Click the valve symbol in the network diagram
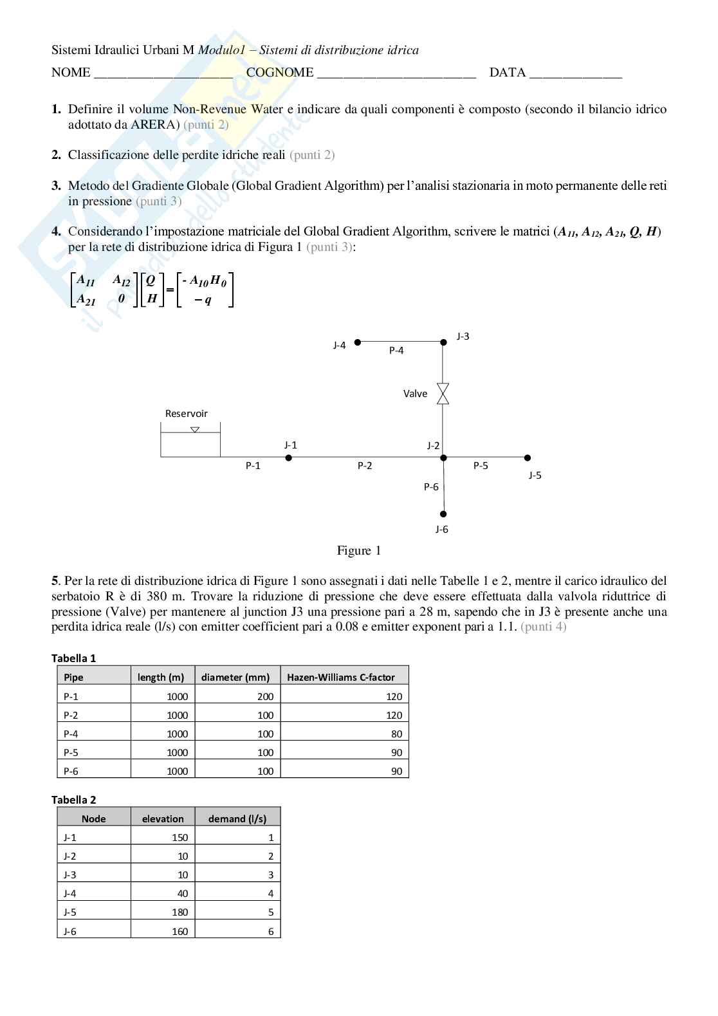click(443, 394)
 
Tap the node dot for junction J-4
click(358, 342)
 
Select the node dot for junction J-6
click(443, 514)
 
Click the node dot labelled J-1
click(289, 457)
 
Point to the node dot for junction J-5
click(528, 457)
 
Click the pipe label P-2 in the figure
click(365, 466)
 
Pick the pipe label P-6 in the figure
click(431, 487)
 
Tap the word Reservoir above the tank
click(186, 414)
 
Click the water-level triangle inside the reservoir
click(195, 430)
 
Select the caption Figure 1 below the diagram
click(358, 551)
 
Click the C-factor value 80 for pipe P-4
click(396, 734)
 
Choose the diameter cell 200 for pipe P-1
click(265, 696)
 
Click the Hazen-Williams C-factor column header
click(340, 677)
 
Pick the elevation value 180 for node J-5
click(179, 912)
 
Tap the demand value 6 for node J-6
click(271, 931)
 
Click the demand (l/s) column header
click(237, 818)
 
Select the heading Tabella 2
click(73, 800)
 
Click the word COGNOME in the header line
click(280, 73)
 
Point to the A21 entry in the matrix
click(86, 299)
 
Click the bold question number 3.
click(56, 186)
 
